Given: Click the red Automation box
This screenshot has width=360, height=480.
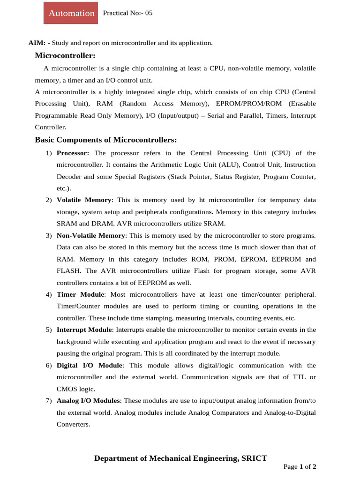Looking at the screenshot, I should tap(71, 13).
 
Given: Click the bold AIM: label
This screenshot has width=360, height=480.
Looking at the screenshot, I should tap(39, 43).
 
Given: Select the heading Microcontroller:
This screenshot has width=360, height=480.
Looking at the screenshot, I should tap(65, 56).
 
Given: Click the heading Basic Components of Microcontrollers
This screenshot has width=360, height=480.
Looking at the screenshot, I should tap(106, 140).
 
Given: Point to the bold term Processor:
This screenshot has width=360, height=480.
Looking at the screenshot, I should tap(73, 153).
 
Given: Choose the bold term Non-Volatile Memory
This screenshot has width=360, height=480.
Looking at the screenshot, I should tap(91, 235).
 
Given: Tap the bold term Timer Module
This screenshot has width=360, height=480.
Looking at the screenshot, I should tap(80, 295).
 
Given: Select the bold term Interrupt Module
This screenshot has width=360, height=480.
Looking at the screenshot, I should tap(84, 330).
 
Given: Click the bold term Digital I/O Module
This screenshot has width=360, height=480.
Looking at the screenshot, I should tap(90, 365).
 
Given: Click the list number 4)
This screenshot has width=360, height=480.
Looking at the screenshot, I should tap(49, 295).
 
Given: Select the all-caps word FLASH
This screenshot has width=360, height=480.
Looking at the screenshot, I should tap(68, 271).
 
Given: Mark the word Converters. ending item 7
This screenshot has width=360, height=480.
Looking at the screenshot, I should tap(73, 424).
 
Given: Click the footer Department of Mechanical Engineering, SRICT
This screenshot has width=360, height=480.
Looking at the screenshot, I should tap(180, 458).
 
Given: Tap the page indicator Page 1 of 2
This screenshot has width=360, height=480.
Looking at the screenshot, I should tap(300, 467).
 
